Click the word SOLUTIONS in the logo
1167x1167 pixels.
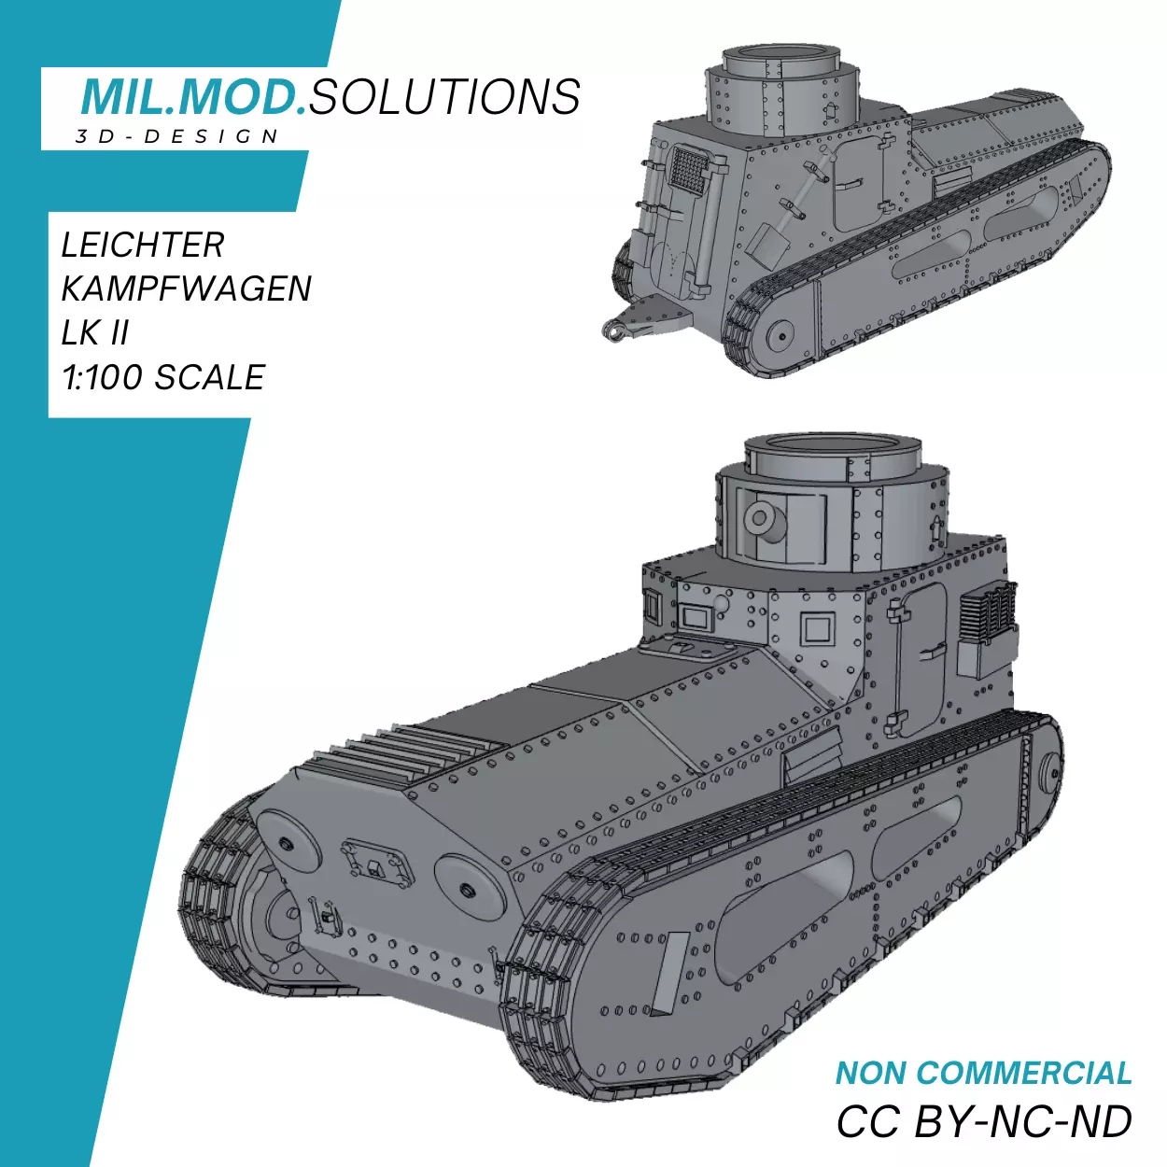[x=444, y=95]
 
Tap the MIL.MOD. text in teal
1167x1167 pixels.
[x=194, y=95]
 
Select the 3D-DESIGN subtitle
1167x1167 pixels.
[x=176, y=136]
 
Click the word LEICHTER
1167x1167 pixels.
[x=143, y=245]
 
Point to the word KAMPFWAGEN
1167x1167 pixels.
[x=187, y=288]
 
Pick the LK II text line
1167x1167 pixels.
[x=95, y=332]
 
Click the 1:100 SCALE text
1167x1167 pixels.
[x=163, y=376]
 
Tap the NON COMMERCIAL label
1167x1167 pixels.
[x=983, y=1073]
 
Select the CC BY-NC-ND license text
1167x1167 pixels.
[x=984, y=1121]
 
